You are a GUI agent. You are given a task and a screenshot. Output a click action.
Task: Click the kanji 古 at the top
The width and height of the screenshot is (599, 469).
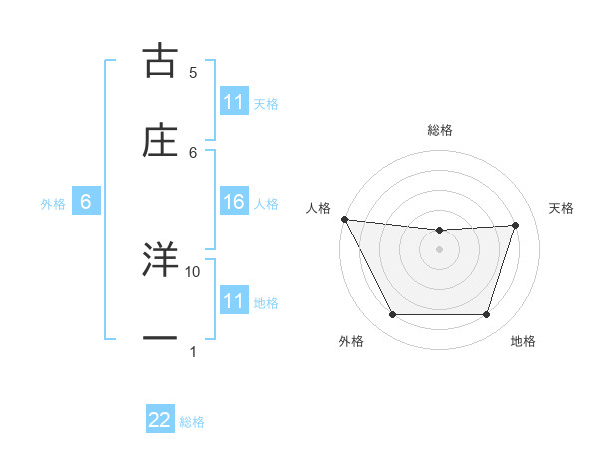coord(160,62)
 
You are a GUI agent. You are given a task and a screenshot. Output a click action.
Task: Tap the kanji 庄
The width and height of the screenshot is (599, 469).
coord(160,142)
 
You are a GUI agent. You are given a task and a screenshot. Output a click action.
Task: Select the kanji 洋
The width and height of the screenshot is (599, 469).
coord(160,261)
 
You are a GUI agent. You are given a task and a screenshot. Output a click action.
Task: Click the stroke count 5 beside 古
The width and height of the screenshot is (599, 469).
coord(193,72)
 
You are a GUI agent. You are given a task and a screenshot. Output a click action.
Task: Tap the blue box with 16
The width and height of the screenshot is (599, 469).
coord(234,203)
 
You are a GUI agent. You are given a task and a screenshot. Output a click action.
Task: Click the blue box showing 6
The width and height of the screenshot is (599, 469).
coord(86,203)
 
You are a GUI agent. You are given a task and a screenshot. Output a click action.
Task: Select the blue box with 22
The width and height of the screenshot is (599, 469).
coord(160,421)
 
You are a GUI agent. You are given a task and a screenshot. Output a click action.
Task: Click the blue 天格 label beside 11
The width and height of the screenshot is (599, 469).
coord(266,103)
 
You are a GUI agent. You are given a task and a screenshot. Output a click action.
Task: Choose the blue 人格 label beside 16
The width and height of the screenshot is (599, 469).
coord(266,204)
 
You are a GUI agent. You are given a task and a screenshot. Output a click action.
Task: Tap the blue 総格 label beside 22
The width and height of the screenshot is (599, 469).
coord(192,422)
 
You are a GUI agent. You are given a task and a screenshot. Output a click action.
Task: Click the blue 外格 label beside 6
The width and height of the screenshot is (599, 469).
coord(53,204)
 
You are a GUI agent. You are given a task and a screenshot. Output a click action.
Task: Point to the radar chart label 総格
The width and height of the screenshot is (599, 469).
coord(440,130)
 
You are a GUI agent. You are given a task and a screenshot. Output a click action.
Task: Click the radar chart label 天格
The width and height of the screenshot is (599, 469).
coord(562,208)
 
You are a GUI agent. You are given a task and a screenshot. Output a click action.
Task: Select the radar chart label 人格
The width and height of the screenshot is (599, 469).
coord(317,208)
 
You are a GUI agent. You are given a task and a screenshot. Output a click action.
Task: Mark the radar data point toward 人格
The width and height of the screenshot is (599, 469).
coord(344,219)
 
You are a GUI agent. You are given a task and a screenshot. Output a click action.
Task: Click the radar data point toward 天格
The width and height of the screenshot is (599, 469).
coord(516,225)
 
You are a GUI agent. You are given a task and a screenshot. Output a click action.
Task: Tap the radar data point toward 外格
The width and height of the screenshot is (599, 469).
coord(392,315)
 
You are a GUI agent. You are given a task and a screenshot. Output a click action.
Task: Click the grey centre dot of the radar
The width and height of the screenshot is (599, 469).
coord(440,249)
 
